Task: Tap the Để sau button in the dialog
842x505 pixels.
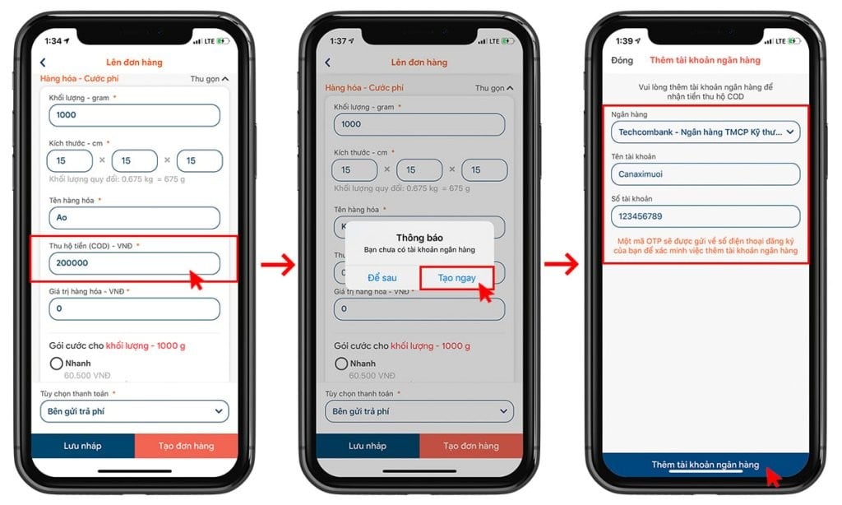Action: click(x=382, y=278)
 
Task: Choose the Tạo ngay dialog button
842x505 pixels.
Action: click(x=456, y=278)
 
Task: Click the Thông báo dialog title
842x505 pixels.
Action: click(x=419, y=238)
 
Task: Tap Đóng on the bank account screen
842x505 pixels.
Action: click(x=622, y=60)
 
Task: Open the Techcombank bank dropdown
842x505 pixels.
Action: click(x=705, y=132)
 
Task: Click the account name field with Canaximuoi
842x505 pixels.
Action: click(x=705, y=174)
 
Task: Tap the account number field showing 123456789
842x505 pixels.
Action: click(x=705, y=216)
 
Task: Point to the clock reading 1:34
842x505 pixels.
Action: click(x=53, y=40)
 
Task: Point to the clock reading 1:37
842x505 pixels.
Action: click(x=338, y=40)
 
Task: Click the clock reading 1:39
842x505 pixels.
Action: click(x=622, y=40)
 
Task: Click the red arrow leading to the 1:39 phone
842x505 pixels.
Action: click(x=562, y=265)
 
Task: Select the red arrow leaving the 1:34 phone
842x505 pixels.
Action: click(x=278, y=265)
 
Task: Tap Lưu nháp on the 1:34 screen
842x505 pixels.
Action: click(x=82, y=446)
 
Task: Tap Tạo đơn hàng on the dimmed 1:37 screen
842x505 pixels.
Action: click(x=470, y=446)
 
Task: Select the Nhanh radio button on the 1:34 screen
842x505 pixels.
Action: click(x=57, y=364)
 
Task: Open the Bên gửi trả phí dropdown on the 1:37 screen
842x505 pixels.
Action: click(x=419, y=410)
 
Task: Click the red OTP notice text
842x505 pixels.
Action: click(x=706, y=245)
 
